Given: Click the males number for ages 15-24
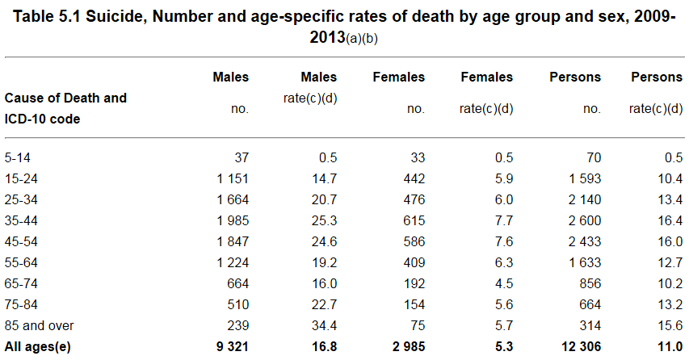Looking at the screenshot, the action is coord(233,178).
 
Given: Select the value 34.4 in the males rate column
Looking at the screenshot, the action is coord(324,325).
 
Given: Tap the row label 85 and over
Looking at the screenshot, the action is coord(39,325).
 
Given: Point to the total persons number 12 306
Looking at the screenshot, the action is coord(581,346).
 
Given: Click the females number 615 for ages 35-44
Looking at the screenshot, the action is coord(414,220).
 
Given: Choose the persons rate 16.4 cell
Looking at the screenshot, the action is coord(670,220).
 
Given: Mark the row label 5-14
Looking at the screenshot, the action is coord(18,157).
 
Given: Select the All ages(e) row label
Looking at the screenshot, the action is coord(37,346).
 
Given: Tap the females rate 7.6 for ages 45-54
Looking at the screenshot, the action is coord(503,241).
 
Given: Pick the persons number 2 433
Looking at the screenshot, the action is coord(585,241).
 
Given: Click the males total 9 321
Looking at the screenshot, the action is coord(232,346).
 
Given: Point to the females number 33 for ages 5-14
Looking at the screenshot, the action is coord(417,157).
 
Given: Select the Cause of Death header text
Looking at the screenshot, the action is coord(65,98).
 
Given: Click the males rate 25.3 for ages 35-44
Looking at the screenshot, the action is coord(324,220).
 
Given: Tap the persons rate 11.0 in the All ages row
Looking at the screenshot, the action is coord(670,346).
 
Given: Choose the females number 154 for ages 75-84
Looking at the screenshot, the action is coord(414,304).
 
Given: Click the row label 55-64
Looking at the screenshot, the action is coord(21,262).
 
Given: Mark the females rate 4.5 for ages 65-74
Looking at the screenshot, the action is coord(503,283).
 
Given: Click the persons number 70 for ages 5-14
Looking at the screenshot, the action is coord(593,157).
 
